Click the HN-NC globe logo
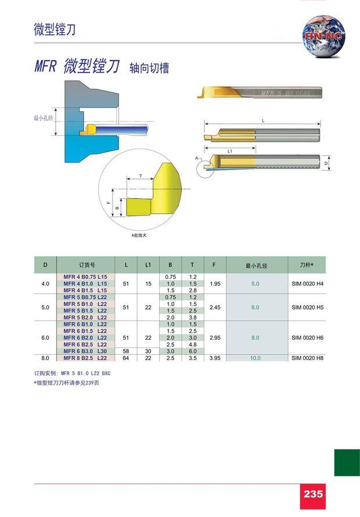324,36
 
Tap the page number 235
313,494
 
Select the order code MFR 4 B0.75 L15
85,277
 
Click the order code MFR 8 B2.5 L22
85,358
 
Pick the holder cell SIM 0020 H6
307,338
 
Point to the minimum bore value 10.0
255,358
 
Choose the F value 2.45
215,307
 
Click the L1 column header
148,265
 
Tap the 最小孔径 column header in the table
256,265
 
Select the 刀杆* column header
306,265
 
